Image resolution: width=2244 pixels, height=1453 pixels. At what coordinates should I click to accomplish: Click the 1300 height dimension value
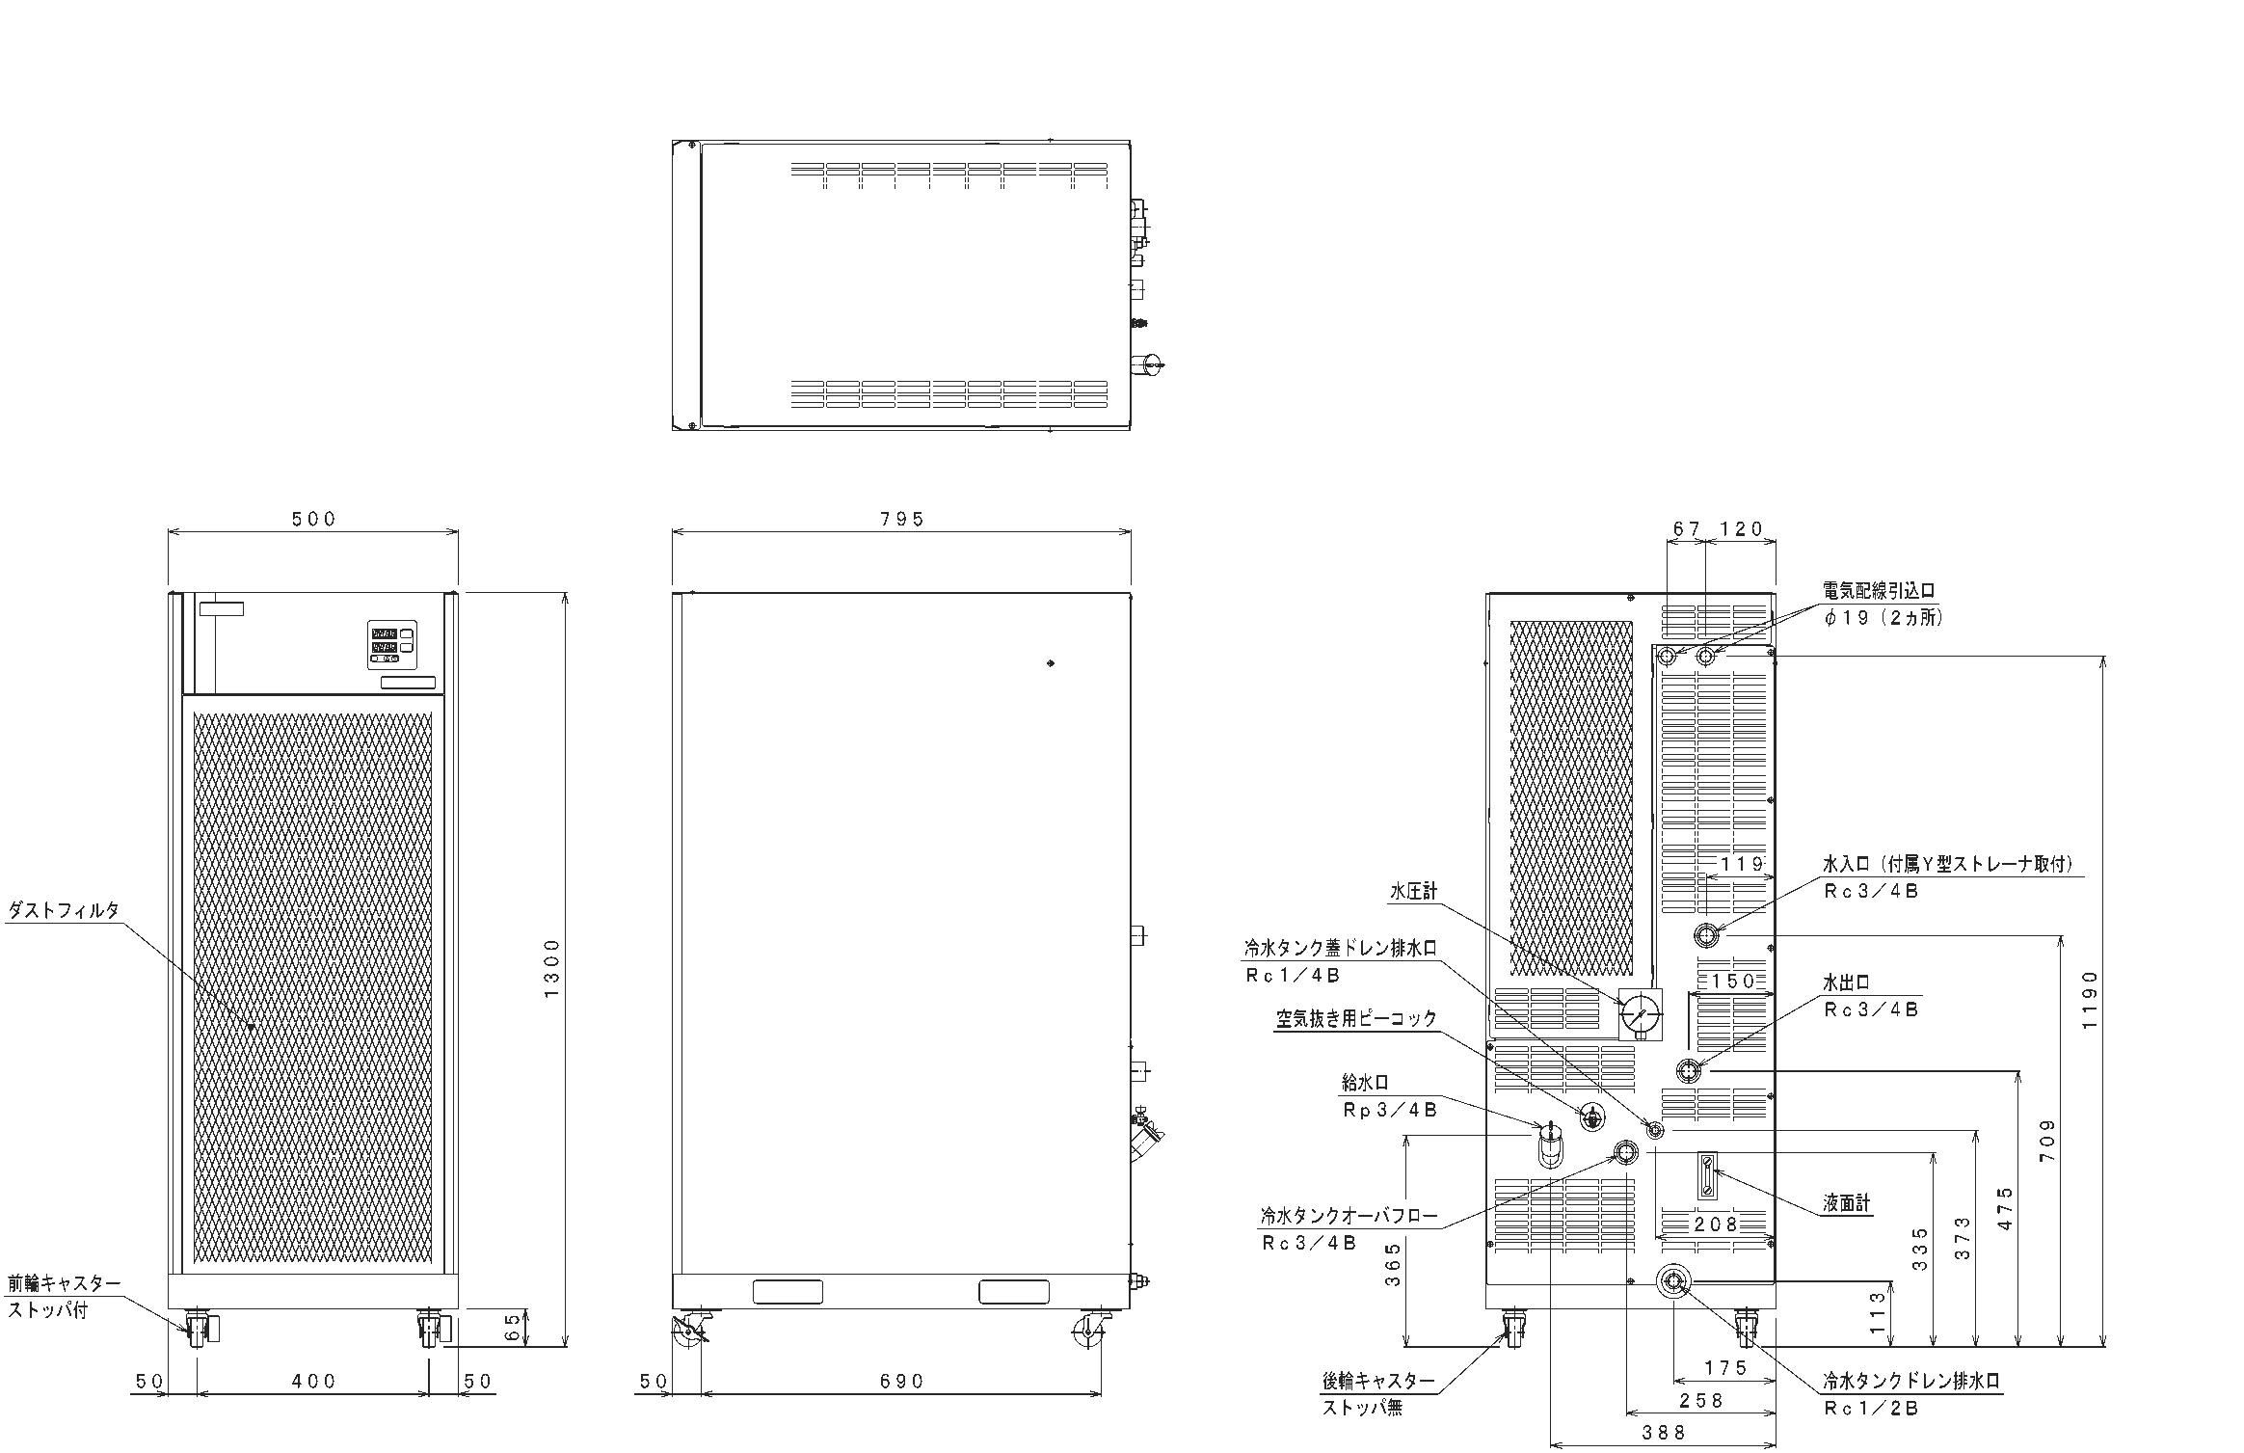[552, 968]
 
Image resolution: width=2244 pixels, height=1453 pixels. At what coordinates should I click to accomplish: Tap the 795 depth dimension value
[901, 520]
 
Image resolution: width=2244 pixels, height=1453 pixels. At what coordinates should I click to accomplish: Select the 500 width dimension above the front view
[314, 520]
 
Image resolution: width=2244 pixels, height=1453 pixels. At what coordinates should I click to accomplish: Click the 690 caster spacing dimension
[901, 1382]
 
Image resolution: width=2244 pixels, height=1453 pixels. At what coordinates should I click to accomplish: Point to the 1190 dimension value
[2089, 1000]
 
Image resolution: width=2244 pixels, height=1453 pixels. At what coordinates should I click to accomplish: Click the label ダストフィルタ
[64, 910]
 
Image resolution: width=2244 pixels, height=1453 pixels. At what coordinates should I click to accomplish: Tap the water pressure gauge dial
[1640, 1014]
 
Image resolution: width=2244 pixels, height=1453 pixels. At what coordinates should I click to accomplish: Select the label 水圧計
[1414, 891]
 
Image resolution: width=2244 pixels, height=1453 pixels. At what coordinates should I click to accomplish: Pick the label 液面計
[1847, 1203]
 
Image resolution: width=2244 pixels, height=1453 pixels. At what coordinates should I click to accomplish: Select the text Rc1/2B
[1871, 1409]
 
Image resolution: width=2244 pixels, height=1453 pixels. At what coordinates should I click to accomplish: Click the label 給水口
[1366, 1084]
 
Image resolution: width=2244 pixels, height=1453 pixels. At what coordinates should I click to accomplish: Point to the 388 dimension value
[1665, 1434]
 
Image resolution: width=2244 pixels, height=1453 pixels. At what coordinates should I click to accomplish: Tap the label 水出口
[1847, 982]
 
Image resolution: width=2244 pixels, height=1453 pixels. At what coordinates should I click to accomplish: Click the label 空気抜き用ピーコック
[1356, 1019]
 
